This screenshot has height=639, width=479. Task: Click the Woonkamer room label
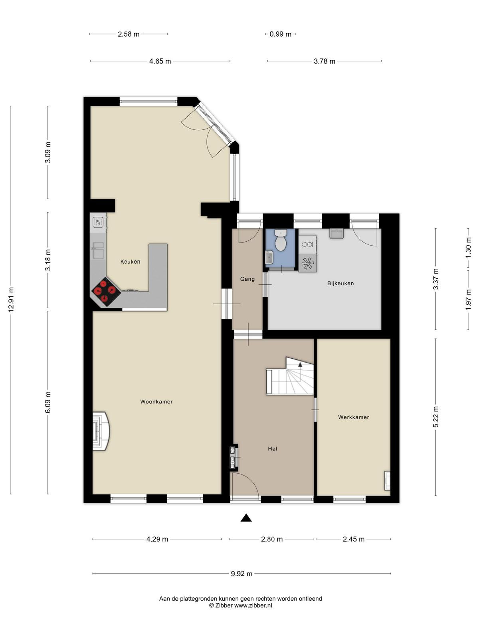pos(156,402)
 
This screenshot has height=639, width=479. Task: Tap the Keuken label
pos(130,262)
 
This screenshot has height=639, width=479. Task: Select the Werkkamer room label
pos(353,417)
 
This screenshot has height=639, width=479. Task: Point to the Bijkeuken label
pos(340,283)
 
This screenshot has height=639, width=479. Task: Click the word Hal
pos(273,449)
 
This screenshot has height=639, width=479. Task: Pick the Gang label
pos(247,279)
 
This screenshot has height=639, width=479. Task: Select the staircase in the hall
pos(290,376)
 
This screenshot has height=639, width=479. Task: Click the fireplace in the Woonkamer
pos(101,431)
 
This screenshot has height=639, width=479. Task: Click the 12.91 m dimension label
pos(11,300)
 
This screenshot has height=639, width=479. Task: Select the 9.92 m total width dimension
pos(241,574)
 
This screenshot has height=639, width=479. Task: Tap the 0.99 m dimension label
pos(280,34)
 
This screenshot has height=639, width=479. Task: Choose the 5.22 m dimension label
pos(435,417)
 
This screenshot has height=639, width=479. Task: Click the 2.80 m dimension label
pos(272,539)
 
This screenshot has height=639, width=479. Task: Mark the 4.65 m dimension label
pos(160,61)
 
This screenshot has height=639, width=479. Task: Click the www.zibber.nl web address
pos(253,605)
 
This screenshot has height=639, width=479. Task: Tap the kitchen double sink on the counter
pos(98,250)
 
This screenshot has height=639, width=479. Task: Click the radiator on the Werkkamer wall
pos(387,480)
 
